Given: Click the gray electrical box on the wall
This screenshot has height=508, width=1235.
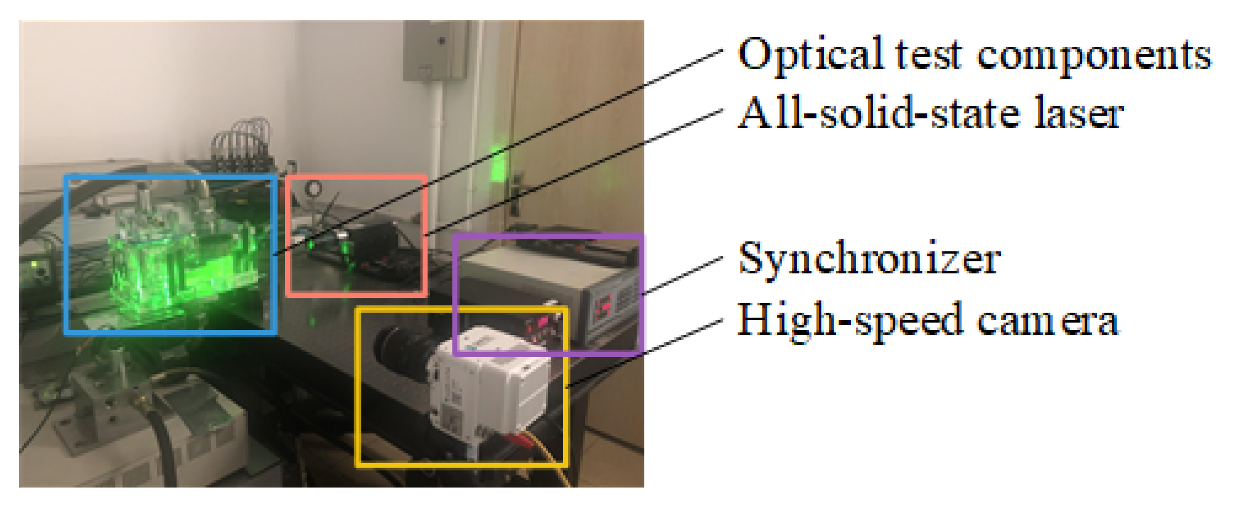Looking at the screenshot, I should [x=434, y=49].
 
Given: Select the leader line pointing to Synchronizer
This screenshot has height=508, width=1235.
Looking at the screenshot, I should [x=683, y=276].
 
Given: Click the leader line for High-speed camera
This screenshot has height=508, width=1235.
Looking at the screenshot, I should [x=646, y=353].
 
